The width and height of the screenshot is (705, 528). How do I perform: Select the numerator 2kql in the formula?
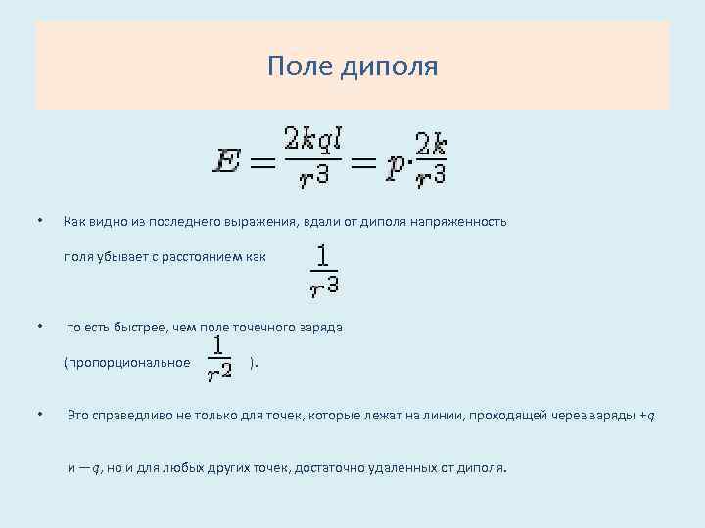point(312,139)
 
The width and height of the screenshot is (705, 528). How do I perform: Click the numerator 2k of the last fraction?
point(431,144)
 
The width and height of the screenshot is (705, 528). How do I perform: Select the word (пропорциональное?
point(126,363)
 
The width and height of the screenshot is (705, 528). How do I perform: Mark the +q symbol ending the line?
point(647,417)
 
